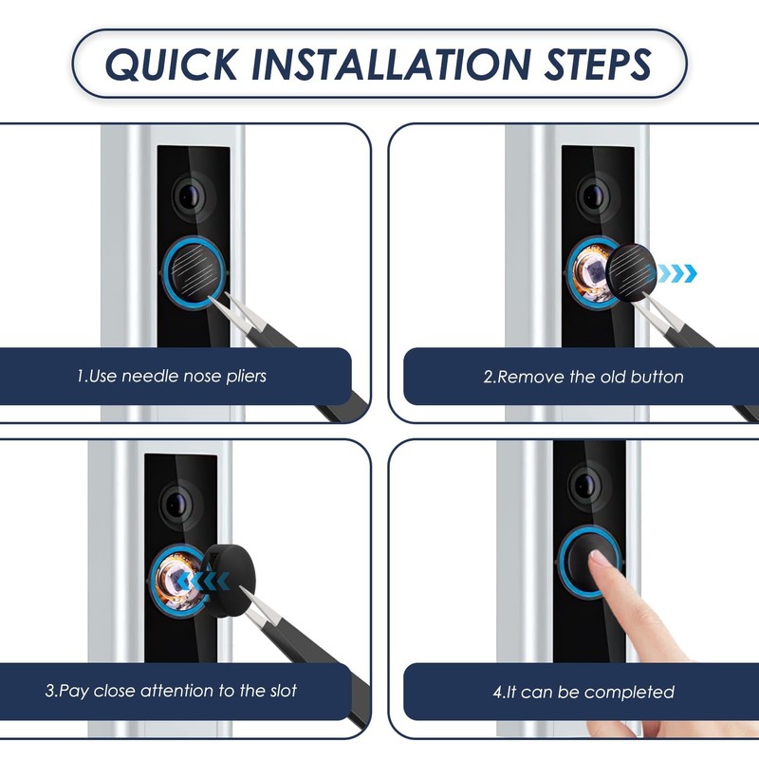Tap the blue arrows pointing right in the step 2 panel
pos(677,273)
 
